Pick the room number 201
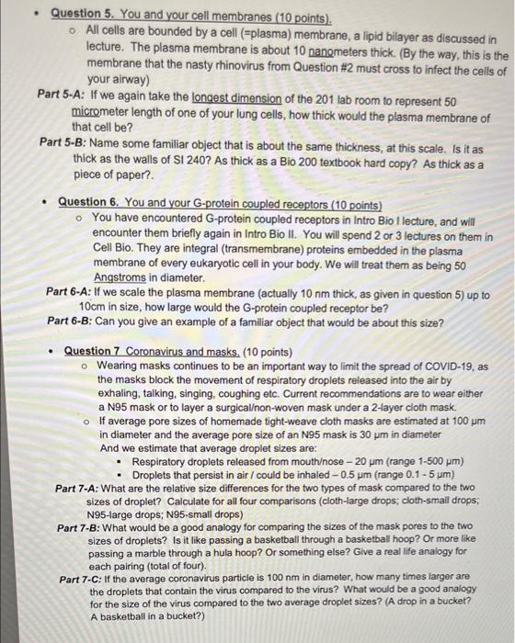(326, 96)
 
